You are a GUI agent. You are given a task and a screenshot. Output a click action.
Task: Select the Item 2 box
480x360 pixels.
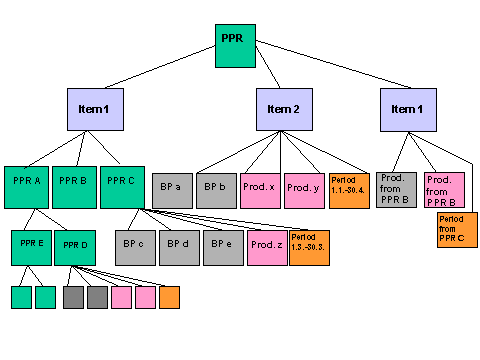(283, 109)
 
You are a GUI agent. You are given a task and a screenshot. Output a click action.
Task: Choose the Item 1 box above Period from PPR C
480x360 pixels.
(407, 109)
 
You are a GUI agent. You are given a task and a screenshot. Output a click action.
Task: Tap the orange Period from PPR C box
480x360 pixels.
(457, 230)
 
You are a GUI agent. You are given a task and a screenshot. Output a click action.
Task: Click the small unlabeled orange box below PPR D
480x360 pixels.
(169, 297)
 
